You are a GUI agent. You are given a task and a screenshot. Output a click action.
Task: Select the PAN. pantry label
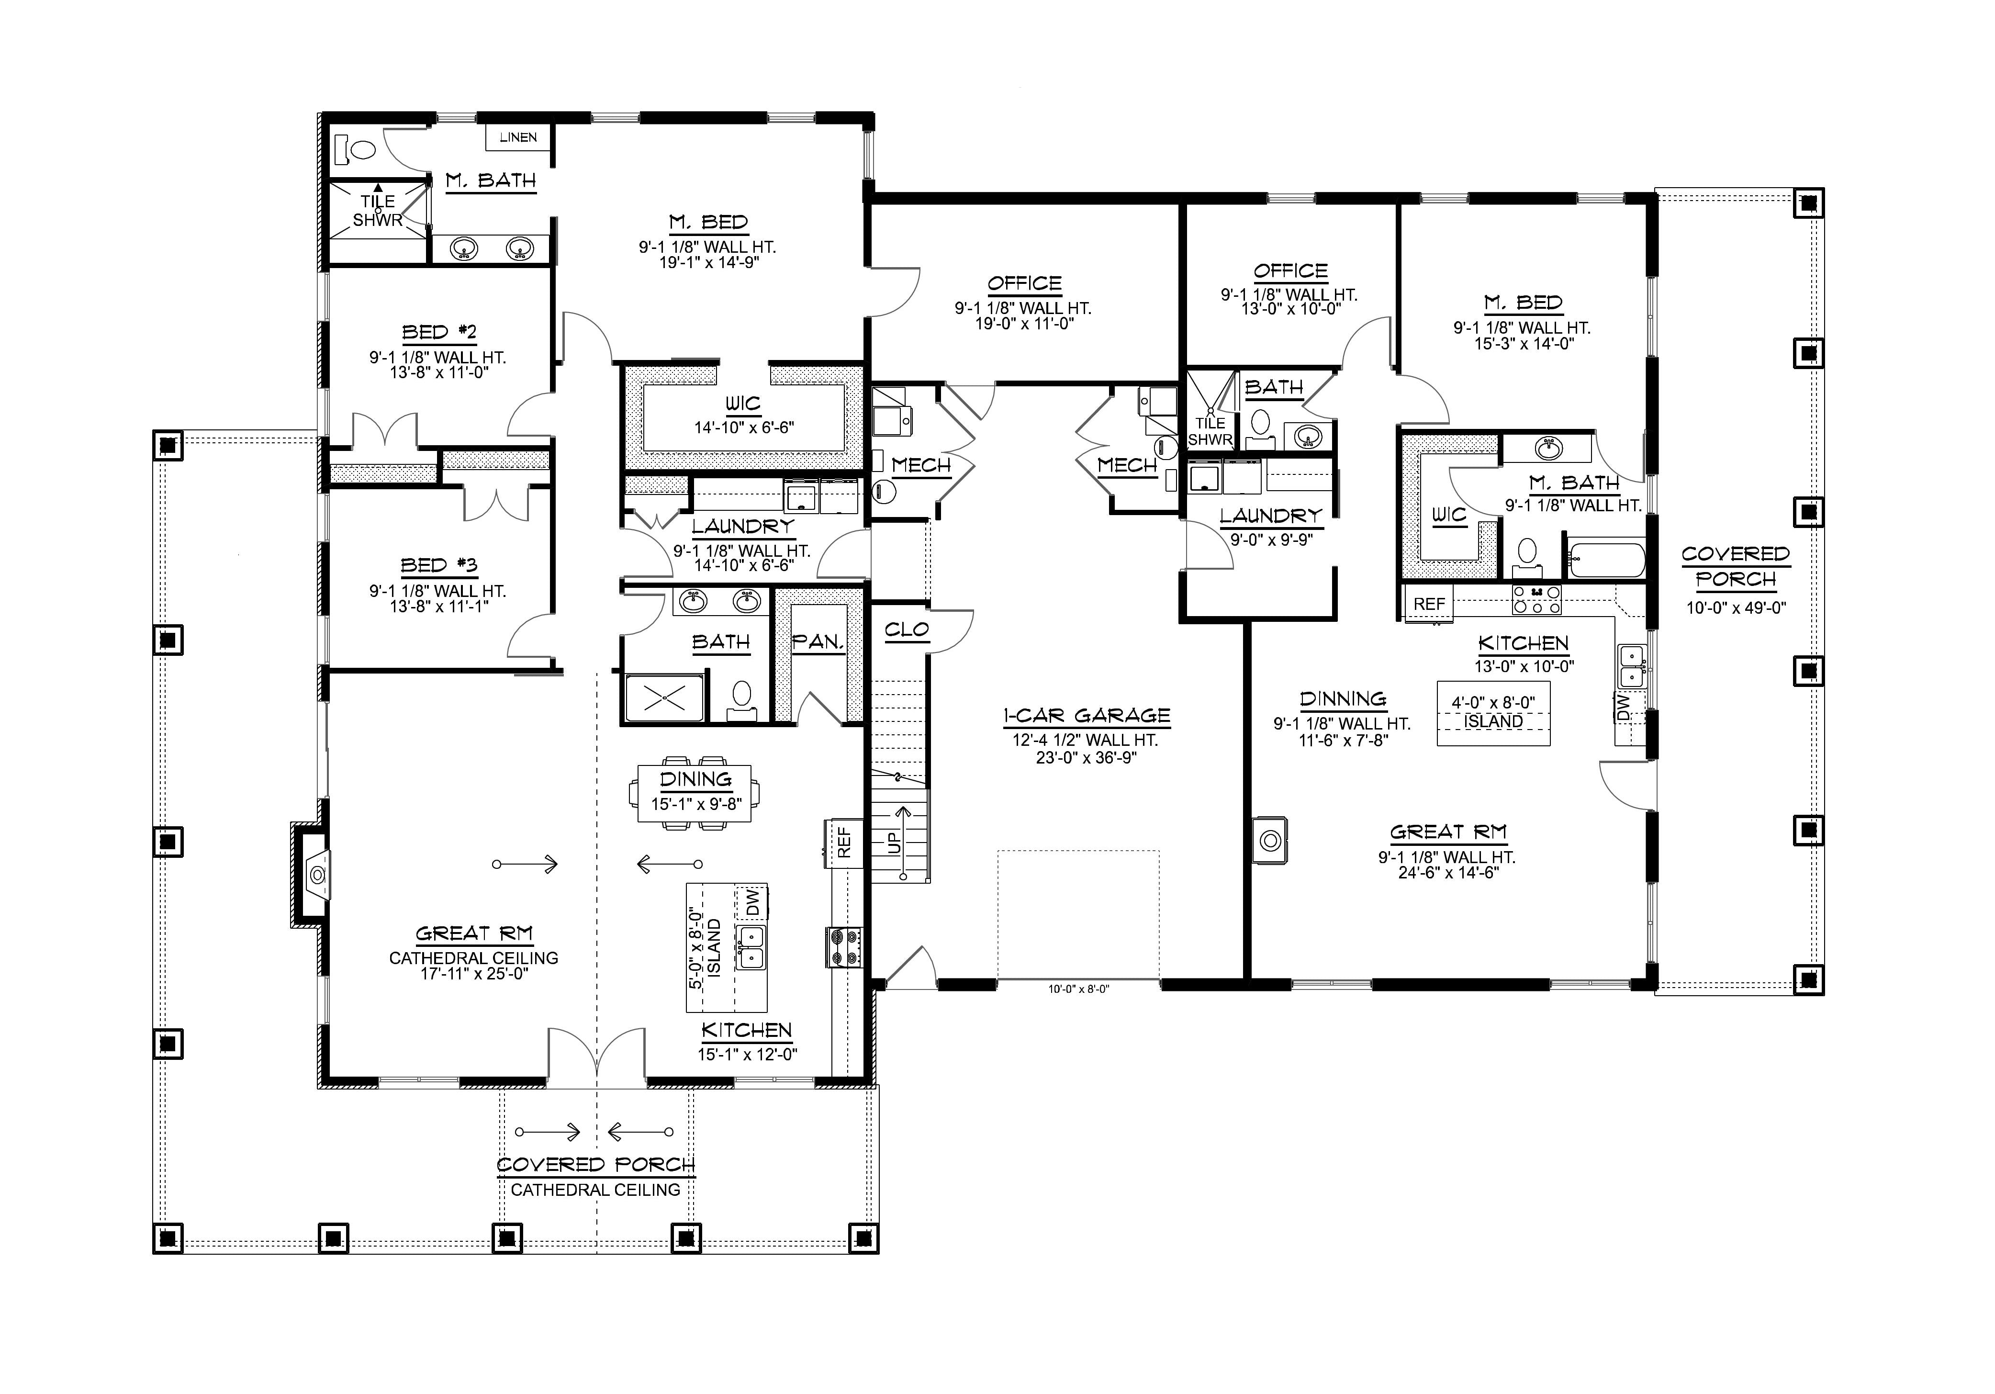818,642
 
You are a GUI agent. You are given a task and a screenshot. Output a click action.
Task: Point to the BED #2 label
440,332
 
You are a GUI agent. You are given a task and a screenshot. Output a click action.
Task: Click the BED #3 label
440,566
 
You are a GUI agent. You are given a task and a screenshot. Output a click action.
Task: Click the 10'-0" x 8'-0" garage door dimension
1078,988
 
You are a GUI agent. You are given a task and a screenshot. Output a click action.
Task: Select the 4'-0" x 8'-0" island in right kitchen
1494,713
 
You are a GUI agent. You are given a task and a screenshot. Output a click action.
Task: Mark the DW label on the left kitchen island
752,901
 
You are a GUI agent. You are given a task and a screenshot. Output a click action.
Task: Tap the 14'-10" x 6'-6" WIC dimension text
744,427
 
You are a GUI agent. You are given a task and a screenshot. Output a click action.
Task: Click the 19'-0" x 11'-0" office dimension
1024,324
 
